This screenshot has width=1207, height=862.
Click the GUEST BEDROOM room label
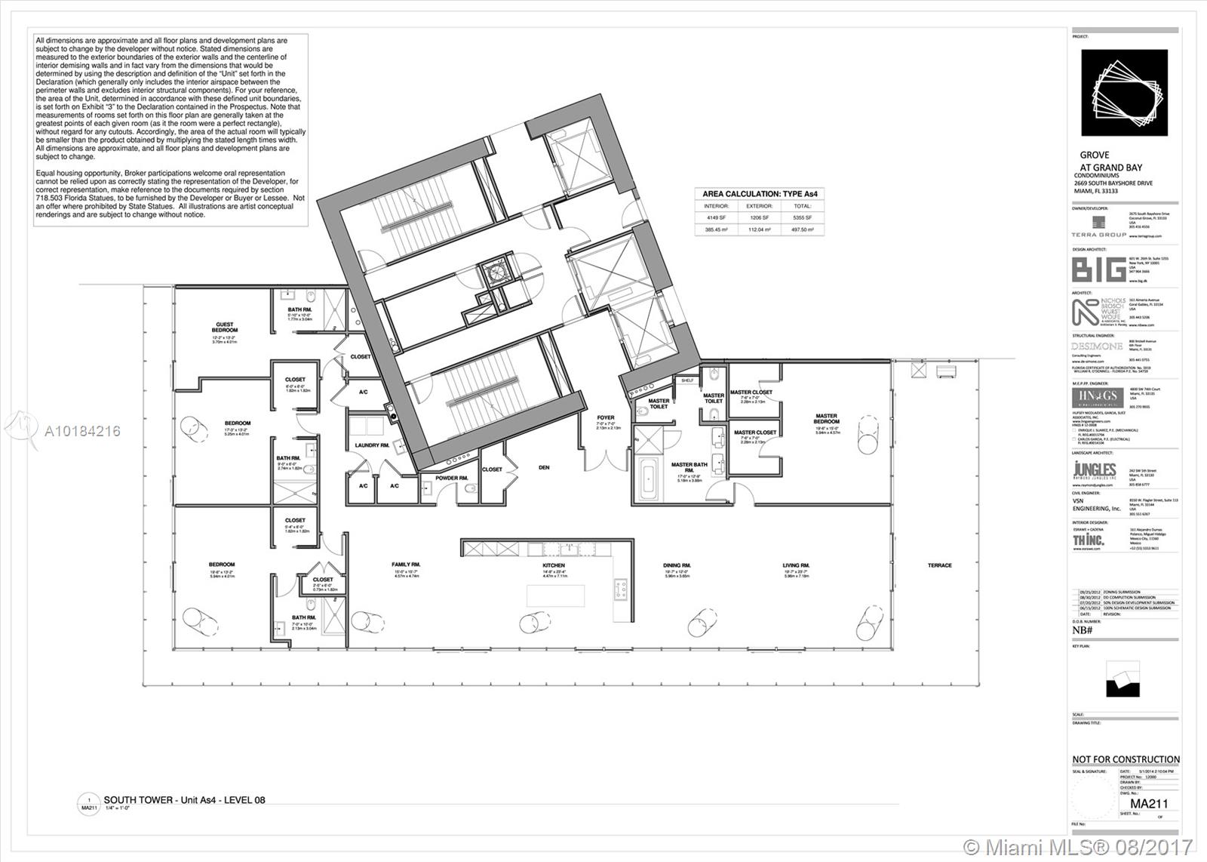click(224, 328)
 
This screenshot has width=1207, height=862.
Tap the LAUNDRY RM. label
click(372, 445)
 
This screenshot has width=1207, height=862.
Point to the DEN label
click(544, 467)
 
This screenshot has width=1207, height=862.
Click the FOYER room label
click(605, 417)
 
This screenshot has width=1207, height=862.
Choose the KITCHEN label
click(553, 565)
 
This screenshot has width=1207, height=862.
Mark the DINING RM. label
click(677, 565)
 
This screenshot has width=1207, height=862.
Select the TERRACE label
click(939, 565)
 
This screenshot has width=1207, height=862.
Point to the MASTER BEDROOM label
click(826, 418)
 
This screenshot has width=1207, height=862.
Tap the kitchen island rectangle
click(555, 596)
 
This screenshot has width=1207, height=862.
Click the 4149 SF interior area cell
click(716, 217)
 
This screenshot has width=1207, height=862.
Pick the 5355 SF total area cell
click(802, 217)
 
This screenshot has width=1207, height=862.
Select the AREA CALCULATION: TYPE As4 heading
click(760, 194)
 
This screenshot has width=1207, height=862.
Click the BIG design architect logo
click(1098, 269)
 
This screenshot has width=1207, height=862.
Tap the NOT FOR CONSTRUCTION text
click(1126, 759)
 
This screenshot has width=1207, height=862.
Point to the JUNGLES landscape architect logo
click(1094, 471)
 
